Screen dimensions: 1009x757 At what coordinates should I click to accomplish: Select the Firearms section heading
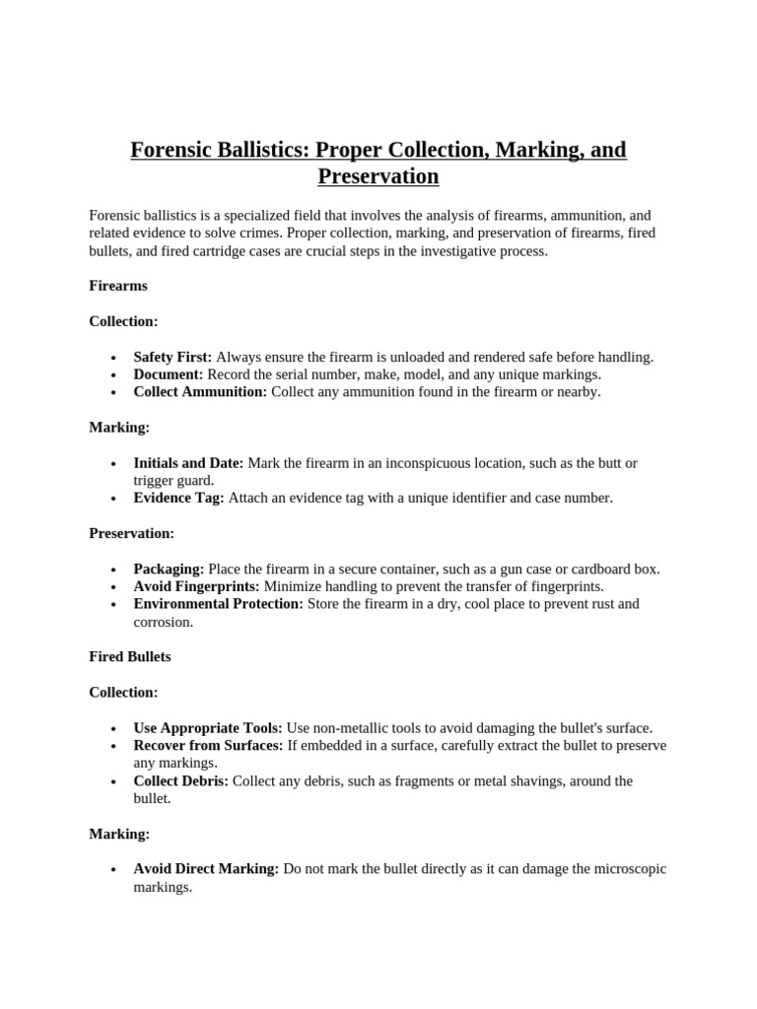tap(118, 286)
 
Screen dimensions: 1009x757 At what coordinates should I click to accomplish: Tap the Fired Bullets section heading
tap(130, 656)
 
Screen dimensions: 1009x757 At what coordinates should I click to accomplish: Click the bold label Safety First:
tap(172, 357)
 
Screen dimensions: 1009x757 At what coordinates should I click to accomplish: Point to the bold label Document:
tap(169, 374)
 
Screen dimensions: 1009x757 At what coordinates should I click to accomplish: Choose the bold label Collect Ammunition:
tap(200, 392)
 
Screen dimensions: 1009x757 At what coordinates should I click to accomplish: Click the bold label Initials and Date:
tap(189, 463)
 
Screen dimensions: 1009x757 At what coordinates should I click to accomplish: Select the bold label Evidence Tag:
tap(179, 499)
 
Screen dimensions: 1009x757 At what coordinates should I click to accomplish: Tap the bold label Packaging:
tap(169, 570)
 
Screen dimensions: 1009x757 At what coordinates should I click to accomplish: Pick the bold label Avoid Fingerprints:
tap(197, 586)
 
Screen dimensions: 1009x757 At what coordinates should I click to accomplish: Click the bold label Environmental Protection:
tap(219, 604)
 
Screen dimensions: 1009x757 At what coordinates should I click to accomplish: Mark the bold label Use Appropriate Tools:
tap(208, 728)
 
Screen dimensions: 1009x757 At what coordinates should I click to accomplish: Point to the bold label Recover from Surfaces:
tap(208, 746)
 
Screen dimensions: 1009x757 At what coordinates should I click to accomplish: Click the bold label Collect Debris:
tap(181, 781)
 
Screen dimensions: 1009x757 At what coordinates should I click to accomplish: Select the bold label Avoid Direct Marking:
tap(206, 869)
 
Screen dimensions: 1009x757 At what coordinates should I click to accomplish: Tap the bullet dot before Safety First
tap(114, 358)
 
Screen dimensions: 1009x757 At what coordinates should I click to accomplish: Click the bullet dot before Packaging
tap(114, 571)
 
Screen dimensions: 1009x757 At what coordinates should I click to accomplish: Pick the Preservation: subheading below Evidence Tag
tap(131, 533)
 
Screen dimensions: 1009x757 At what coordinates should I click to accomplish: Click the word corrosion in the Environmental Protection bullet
tap(164, 622)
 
